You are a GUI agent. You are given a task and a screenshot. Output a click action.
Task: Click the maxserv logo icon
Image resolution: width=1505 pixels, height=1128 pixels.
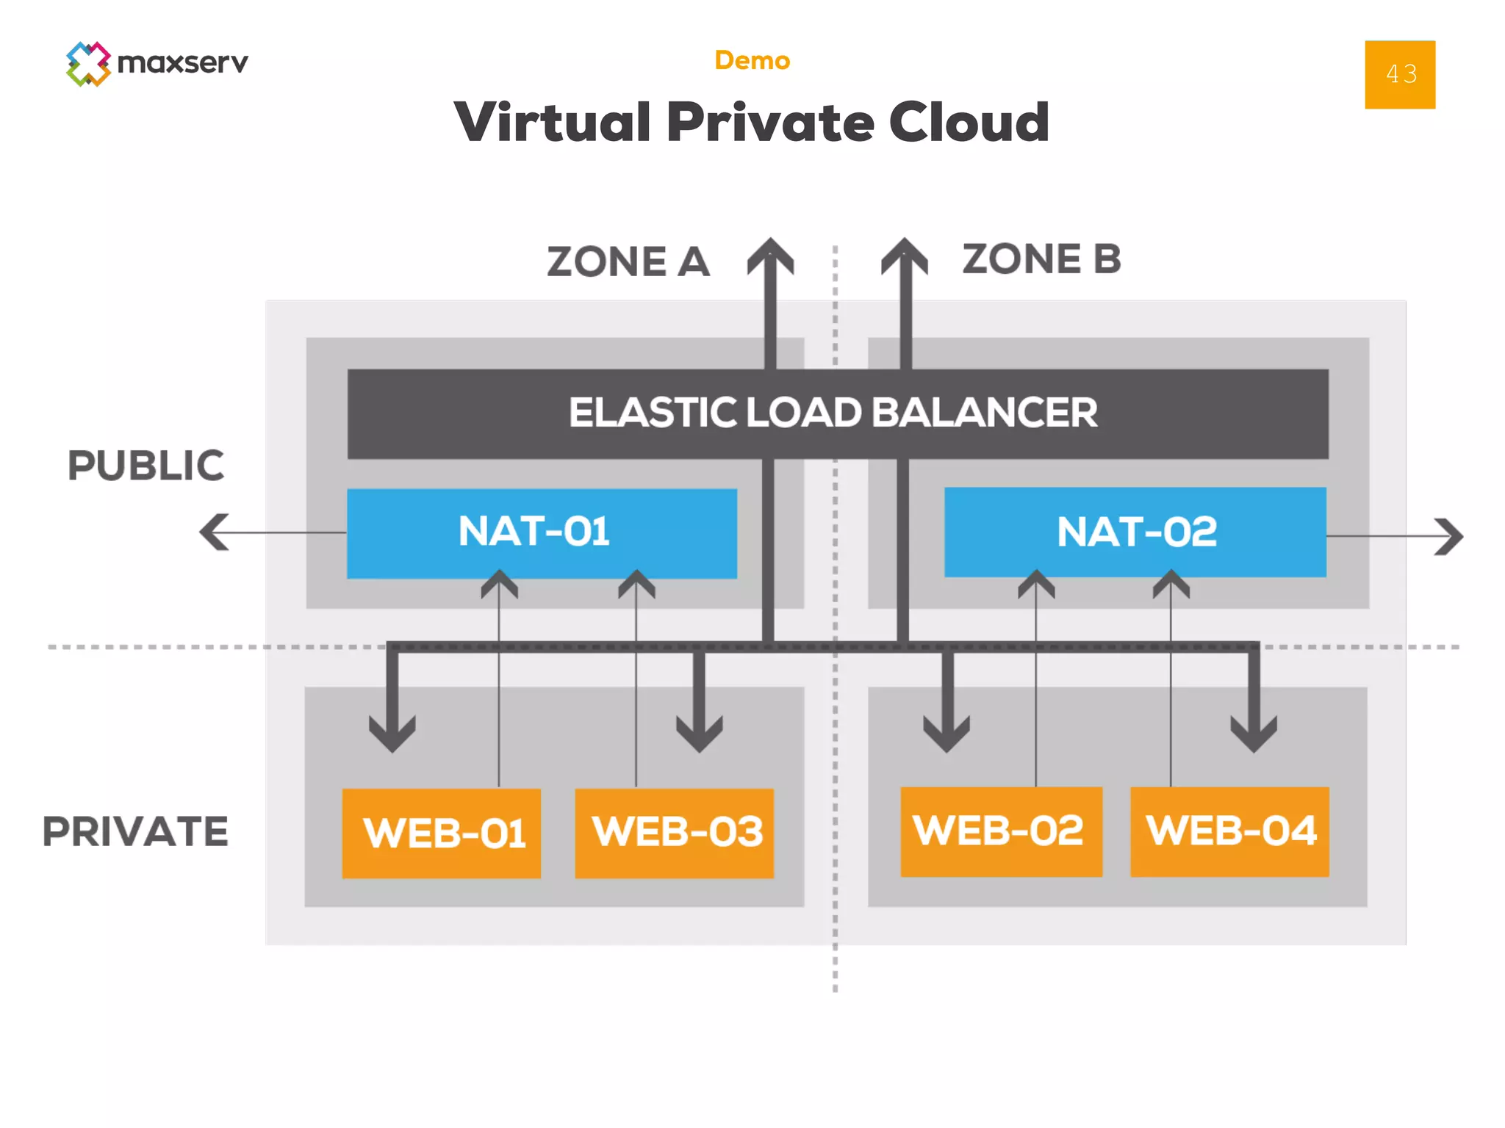pos(88,64)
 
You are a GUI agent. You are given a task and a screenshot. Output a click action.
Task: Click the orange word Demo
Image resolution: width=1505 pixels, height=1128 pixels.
pos(752,60)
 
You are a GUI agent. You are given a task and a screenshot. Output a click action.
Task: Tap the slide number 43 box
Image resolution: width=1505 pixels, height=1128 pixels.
pos(1399,74)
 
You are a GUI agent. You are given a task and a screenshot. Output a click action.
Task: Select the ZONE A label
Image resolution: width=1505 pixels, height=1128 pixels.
pos(628,262)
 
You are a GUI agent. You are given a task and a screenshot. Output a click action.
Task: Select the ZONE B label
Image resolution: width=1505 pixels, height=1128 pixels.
pos(1041,259)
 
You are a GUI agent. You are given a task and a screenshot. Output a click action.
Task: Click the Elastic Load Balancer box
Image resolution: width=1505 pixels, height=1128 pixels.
pos(837,413)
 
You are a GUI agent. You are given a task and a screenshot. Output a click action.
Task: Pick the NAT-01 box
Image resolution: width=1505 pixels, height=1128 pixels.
pos(542,532)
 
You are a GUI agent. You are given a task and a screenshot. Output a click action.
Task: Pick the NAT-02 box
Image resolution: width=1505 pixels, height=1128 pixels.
pos(1135,532)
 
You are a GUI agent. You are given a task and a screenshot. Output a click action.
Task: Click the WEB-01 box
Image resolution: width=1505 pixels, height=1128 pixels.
pos(442,833)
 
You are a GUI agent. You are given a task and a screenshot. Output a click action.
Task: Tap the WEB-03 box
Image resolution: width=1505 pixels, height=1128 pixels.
pos(674,833)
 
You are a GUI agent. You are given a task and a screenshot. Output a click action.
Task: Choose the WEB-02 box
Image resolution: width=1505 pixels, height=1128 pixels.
pos(1000,831)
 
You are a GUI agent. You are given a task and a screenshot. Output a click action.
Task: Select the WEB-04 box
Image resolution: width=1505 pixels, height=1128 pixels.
pos(1229,831)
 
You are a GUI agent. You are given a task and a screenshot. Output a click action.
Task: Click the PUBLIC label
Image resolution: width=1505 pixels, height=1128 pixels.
pos(146,466)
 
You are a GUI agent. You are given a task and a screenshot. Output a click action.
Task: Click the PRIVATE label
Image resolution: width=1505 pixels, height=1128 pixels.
pos(135,831)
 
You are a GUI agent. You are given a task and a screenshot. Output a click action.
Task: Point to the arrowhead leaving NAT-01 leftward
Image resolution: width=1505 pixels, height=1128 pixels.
pos(214,532)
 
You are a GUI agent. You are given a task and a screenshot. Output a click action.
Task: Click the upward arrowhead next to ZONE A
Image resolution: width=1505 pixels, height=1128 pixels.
pos(770,257)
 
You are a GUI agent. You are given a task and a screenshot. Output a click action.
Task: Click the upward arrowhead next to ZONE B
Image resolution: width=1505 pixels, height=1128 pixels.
pos(905,257)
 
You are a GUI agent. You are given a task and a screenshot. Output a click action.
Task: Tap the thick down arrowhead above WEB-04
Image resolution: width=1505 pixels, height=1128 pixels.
pos(1254,733)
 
